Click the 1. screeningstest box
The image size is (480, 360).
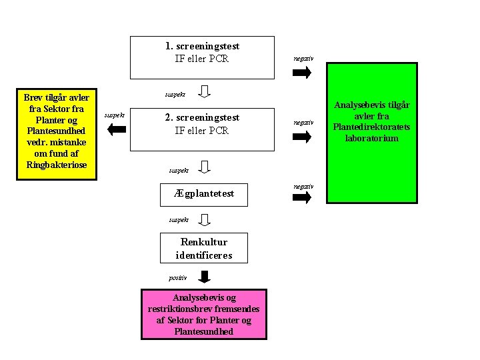coord(202,57)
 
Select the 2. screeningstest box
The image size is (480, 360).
coord(202,129)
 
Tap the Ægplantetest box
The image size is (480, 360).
coord(204,195)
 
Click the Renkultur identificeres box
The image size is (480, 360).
coord(204,248)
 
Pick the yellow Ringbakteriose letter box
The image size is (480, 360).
coord(57,135)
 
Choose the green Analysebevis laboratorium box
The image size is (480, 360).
coord(372,133)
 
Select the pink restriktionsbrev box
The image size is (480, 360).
coord(204,315)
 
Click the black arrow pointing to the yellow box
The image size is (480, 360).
coord(117,129)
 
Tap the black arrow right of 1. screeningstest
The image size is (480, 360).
coord(302,73)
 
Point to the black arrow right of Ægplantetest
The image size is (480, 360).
coord(302,197)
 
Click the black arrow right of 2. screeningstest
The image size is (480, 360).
coord(302,137)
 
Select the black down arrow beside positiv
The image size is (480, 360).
coord(204,277)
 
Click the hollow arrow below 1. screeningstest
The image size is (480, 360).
coord(204,91)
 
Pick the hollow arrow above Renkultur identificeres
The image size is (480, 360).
coord(204,220)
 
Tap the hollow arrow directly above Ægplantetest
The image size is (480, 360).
coord(204,167)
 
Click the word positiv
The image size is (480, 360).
coord(177,278)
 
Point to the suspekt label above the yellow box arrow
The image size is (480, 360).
coord(115,115)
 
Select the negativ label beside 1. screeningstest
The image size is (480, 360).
coord(303,59)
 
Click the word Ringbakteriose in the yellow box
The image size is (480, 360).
coord(57,165)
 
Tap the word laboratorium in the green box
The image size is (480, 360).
coord(372,138)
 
